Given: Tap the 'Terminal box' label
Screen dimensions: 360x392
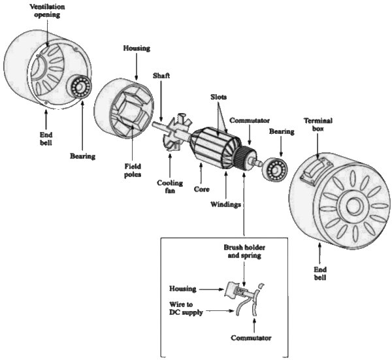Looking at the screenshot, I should point(318,125).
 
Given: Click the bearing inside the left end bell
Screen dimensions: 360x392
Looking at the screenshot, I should point(82,87).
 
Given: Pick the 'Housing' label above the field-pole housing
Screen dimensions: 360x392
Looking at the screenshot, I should point(136,48).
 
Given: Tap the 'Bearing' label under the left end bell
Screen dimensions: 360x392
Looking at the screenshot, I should point(82,157).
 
